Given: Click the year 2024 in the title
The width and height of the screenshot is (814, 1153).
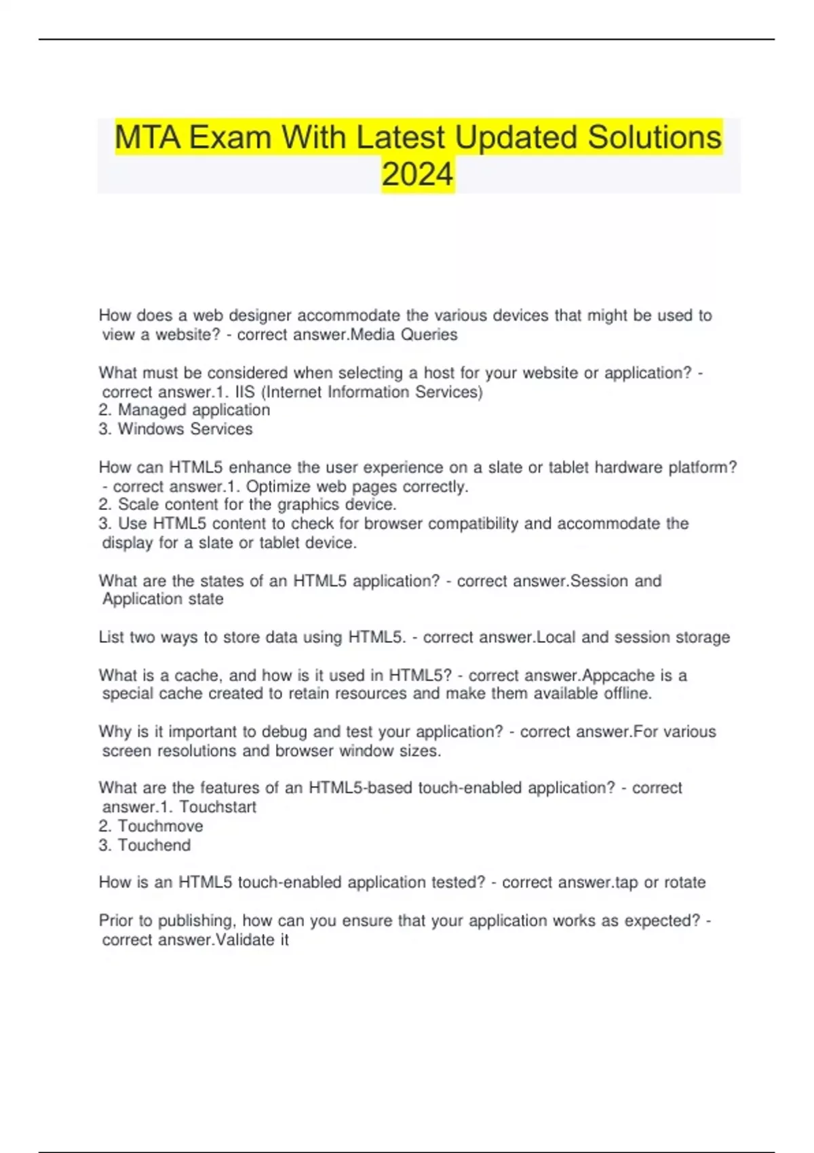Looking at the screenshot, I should point(417,174).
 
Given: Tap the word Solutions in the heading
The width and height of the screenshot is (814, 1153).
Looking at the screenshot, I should point(654,138).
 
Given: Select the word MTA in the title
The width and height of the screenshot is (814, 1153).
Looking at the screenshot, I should point(147,138).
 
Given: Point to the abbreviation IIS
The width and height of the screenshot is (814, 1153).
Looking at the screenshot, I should point(245,392).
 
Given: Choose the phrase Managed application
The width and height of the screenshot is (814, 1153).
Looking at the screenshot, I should point(193,410).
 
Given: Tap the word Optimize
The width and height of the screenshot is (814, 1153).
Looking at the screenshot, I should point(279,487).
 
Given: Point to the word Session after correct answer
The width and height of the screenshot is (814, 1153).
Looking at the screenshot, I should point(600,581).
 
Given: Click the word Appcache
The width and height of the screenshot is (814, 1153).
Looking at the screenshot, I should point(618,676).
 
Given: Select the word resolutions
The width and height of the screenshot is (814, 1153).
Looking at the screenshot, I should point(197,751).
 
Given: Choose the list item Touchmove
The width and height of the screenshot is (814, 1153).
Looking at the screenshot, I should point(160,826).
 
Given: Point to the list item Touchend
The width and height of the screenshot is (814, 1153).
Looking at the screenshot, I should point(154,845).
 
